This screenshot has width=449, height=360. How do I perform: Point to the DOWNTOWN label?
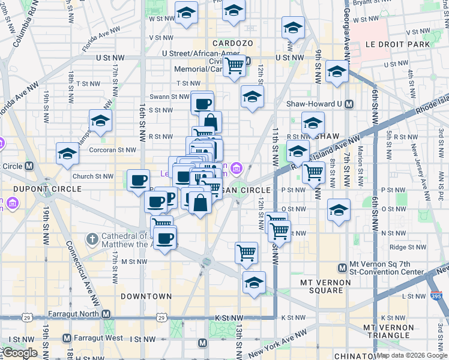coord(146,296)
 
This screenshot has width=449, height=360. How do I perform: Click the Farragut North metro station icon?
coord(106,314)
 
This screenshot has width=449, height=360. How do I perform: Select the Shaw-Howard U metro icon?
coord(349,104)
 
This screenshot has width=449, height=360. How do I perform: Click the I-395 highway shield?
coord(436,296)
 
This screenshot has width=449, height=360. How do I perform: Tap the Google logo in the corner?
coord(19,353)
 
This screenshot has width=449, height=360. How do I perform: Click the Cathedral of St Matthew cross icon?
coord(91,240)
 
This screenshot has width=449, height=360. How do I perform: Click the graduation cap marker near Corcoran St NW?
coord(67,154)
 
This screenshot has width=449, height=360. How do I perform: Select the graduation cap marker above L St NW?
coord(254,282)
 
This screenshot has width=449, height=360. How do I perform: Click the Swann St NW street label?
coord(170,97)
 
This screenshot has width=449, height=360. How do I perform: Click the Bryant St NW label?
coord(370,3)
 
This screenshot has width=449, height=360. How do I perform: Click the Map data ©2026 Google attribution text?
coord(412,355)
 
